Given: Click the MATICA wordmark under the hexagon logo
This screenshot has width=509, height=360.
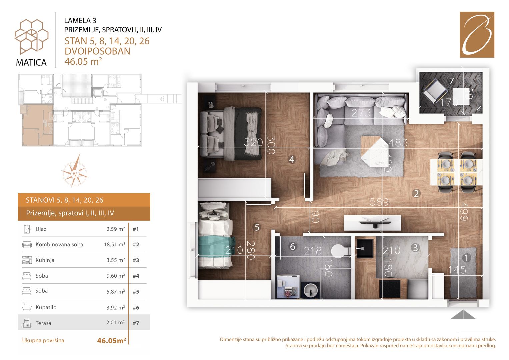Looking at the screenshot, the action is pos(31,63).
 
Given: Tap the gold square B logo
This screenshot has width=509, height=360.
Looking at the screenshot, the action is pos(477,35).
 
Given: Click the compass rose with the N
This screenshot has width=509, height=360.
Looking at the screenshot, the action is pos(75,171).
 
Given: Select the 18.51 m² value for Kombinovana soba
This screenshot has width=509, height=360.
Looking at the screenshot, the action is pos(115,244).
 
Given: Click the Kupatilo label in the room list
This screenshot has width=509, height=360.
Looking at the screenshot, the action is pos(46,307).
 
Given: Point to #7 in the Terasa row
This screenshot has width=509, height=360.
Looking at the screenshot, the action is pos(136,323).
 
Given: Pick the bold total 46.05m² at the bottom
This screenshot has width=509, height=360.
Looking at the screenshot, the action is pos(112,340).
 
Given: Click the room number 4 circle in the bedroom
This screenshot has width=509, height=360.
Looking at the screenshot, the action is pos(292,159).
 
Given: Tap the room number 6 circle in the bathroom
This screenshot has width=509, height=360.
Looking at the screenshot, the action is pos(293,247).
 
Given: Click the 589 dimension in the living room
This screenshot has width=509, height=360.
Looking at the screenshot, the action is pos(379,202).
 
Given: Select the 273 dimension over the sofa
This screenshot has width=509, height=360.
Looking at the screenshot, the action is pos(361,113).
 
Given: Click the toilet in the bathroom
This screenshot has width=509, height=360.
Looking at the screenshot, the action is pos(340,251).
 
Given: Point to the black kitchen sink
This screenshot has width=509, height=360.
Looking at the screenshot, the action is pos(364,248).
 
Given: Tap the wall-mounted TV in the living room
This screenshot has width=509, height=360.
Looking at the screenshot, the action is pos(372,223).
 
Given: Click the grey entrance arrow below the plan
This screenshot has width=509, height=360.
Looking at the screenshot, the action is pos(463,315).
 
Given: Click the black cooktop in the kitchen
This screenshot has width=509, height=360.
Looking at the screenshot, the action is pos(390,288).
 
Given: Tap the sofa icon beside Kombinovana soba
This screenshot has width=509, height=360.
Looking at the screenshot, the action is pos(27,245).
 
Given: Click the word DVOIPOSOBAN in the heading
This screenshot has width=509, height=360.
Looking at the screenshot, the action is pos(97,51).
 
